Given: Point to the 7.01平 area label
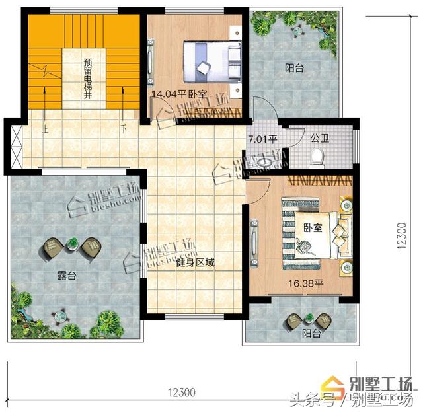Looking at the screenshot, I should pyautogui.click(x=262, y=139).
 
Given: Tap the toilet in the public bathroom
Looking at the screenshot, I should pyautogui.click(x=317, y=156).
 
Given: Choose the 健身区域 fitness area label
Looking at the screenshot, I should pyautogui.click(x=196, y=262).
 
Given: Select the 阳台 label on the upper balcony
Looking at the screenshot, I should pyautogui.click(x=295, y=67).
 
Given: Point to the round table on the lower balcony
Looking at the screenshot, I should pyautogui.click(x=293, y=321).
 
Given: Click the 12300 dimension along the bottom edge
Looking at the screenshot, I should pyautogui.click(x=180, y=392).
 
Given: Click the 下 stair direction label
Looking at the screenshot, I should pyautogui.click(x=124, y=130).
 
